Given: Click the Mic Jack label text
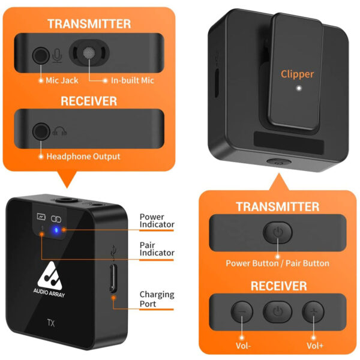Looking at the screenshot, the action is click(x=62, y=80).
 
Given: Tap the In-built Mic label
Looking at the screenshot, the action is click(x=132, y=80).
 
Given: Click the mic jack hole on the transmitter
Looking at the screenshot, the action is click(x=41, y=55).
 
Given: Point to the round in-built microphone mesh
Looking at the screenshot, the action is click(x=89, y=53).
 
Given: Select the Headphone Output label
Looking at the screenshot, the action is click(x=83, y=157).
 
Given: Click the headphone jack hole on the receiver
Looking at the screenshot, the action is click(x=41, y=131).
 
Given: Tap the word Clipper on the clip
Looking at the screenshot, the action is click(x=297, y=74).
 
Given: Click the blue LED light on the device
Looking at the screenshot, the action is click(x=56, y=229).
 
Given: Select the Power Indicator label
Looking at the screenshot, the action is click(x=157, y=220).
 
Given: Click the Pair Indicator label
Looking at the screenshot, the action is click(x=157, y=249).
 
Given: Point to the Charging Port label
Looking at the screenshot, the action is click(x=157, y=299).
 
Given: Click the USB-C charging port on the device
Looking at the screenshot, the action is click(x=113, y=278).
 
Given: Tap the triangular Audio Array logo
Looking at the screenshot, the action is click(x=50, y=275).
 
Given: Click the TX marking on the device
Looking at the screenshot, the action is click(x=51, y=323).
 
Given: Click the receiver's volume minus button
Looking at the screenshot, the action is click(x=242, y=312).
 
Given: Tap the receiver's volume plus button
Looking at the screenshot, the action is click(x=313, y=312).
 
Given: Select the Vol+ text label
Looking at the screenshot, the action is click(x=315, y=346).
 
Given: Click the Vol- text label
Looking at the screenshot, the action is click(x=243, y=346).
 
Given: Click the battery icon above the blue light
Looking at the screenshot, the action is click(x=41, y=217).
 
